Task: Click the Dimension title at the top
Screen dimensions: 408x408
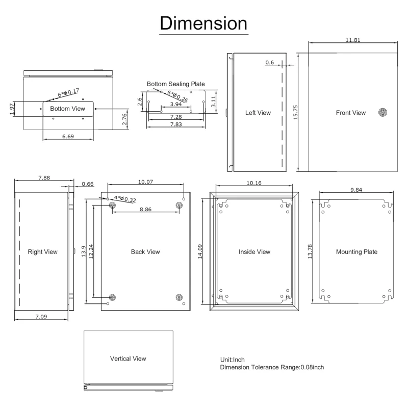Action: [203, 23]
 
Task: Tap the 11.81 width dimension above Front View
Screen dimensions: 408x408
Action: [353, 40]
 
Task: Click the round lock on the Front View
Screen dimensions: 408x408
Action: [382, 112]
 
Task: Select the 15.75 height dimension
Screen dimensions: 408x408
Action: [295, 112]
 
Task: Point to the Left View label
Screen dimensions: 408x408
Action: [258, 113]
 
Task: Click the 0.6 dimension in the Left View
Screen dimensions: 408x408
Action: [270, 62]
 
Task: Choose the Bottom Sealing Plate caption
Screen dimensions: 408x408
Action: [175, 84]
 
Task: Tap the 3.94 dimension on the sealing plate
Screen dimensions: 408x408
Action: [176, 104]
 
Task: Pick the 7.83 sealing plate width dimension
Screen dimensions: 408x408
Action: [176, 124]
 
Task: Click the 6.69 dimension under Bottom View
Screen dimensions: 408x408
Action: [68, 136]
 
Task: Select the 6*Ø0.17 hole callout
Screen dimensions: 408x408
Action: [68, 93]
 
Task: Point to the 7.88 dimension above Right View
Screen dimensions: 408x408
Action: [44, 177]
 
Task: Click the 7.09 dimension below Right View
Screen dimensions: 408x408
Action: [41, 316]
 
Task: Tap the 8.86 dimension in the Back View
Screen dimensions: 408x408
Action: [145, 209]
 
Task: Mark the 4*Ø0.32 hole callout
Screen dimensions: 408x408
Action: [125, 199]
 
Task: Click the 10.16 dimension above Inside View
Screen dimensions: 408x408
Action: [254, 183]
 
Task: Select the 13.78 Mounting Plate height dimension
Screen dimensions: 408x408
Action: [310, 251]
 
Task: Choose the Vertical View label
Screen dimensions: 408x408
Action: [128, 359]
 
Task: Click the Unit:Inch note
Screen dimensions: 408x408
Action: [233, 360]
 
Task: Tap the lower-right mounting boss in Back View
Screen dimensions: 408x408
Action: [179, 297]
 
